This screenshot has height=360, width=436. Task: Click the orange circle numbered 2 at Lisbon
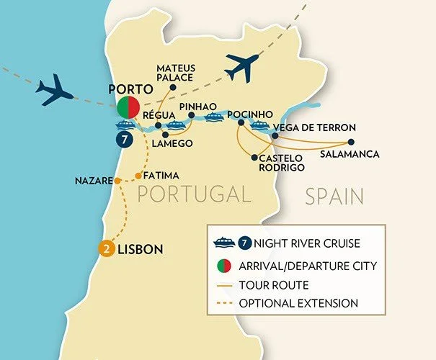point(106,249)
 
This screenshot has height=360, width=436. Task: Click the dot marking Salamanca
point(352,141)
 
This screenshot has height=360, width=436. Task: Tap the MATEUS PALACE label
point(177,76)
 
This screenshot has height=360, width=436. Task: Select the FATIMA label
point(161,175)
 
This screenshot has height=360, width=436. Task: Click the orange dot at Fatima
point(138,176)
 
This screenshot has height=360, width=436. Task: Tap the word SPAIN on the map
point(333,196)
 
